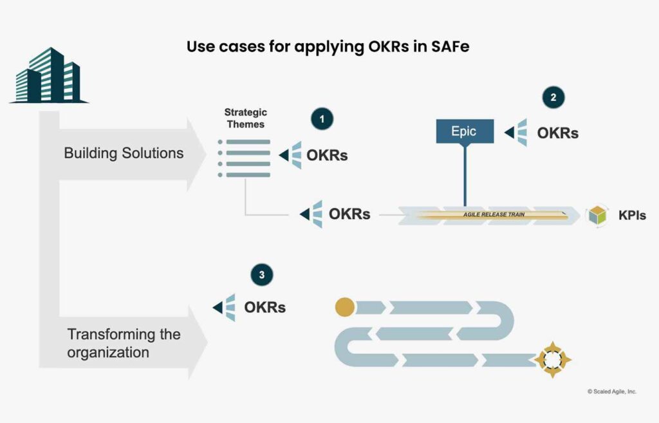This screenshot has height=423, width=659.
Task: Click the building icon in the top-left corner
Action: [49, 76]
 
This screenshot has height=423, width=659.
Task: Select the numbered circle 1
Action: [322, 119]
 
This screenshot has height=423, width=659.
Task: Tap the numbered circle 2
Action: [553, 98]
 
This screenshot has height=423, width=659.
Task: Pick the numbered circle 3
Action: [261, 275]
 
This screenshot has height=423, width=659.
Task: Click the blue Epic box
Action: [464, 131]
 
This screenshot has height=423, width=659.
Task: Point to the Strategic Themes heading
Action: [245, 118]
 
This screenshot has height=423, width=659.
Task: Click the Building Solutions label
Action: [124, 153]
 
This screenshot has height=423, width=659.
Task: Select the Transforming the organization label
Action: [124, 343]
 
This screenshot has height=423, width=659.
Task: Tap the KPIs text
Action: [631, 215]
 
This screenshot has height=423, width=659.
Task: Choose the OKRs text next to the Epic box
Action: [557, 133]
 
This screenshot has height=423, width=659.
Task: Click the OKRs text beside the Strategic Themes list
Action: [326, 155]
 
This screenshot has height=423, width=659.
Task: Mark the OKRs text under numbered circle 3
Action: [265, 308]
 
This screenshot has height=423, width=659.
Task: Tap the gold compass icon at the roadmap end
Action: [553, 359]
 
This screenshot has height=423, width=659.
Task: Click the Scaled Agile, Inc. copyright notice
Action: [611, 391]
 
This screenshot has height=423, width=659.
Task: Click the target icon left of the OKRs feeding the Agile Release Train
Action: [311, 214]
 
